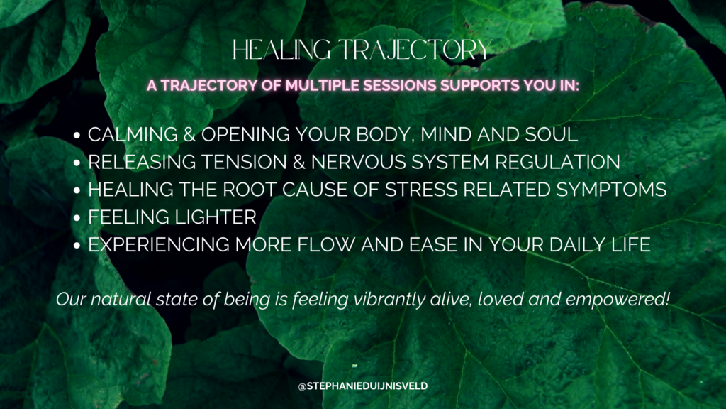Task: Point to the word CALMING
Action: pos(133,134)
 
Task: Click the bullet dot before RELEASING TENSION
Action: pos(77,163)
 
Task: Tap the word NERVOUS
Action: pos(358,162)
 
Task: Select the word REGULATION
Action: pos(557,162)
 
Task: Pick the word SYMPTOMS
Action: pos(611,190)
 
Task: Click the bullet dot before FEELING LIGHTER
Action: pos(77,218)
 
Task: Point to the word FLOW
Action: pos(326,244)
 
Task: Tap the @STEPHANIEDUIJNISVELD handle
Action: pos(363,386)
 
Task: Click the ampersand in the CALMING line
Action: pos(189,134)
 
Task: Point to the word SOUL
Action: pos(552,134)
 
